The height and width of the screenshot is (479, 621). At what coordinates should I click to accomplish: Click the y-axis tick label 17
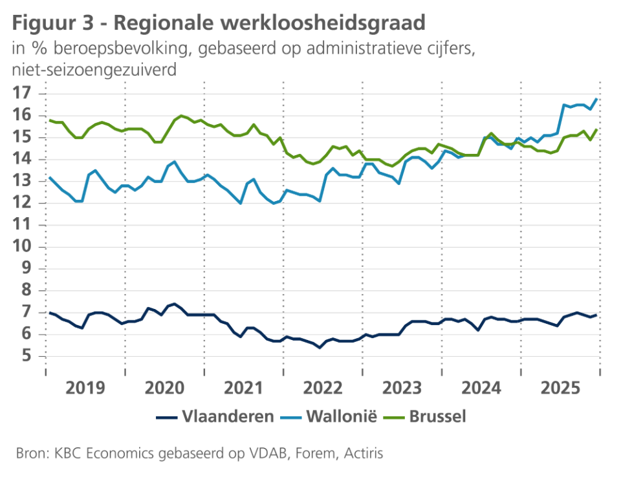[x=23, y=93]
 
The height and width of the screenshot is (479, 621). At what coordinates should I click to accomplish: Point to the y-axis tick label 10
[x=23, y=247]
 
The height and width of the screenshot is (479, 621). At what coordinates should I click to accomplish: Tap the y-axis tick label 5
[x=27, y=356]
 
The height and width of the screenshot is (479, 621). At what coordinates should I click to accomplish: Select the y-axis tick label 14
[x=23, y=159]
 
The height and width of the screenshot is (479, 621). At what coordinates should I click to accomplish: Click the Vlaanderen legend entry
[x=228, y=416]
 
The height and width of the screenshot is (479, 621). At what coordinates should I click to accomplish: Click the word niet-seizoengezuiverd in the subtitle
[x=94, y=70]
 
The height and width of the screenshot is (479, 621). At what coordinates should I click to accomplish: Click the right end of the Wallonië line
[x=596, y=99]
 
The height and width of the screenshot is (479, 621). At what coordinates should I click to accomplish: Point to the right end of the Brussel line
[x=596, y=129]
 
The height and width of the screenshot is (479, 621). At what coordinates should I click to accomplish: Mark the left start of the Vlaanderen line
[x=50, y=312]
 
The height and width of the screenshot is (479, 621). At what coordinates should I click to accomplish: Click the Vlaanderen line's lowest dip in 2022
[x=320, y=348]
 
